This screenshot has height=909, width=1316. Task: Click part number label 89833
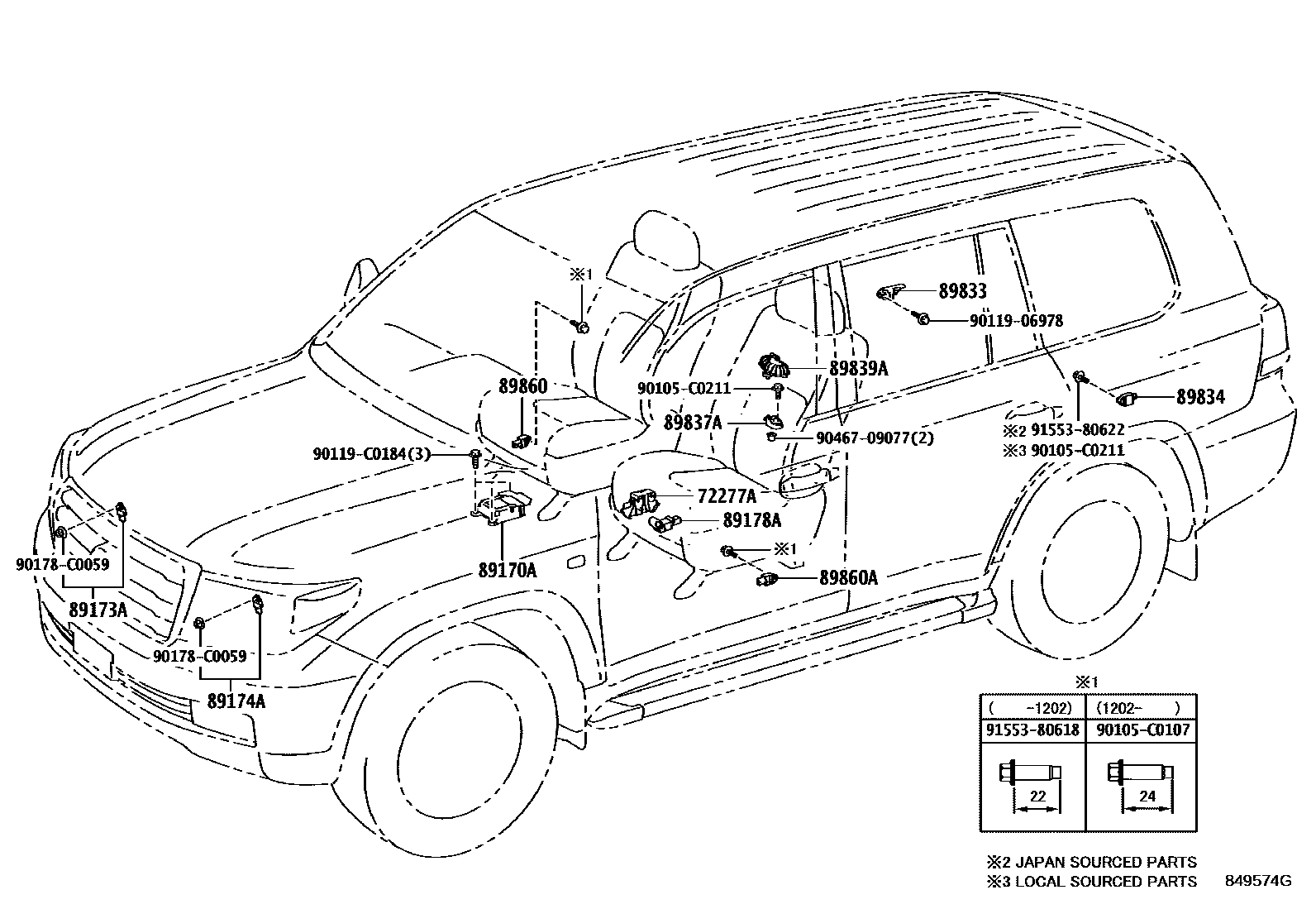pos(962,291)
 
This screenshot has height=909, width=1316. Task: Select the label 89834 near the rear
pos(1200,398)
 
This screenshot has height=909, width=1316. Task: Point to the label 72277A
pos(727,496)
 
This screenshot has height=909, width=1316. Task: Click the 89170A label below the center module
pos(507,570)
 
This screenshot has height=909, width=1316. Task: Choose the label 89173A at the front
pos(98,610)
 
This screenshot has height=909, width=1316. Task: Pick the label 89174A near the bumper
pos(236,701)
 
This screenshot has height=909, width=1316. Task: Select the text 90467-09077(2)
pos(875,438)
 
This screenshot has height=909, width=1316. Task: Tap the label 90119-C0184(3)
pos(371,454)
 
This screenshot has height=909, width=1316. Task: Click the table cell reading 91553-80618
pos(1032,730)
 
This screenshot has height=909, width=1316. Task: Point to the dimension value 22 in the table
pos(1038,797)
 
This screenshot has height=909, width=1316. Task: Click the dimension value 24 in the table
pos(1147,797)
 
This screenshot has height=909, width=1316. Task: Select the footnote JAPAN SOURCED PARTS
pos(1106,862)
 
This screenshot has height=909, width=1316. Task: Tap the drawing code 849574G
pos(1257,881)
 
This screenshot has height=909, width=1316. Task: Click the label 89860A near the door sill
pos(848,578)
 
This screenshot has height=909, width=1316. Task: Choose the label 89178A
pos(751,520)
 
